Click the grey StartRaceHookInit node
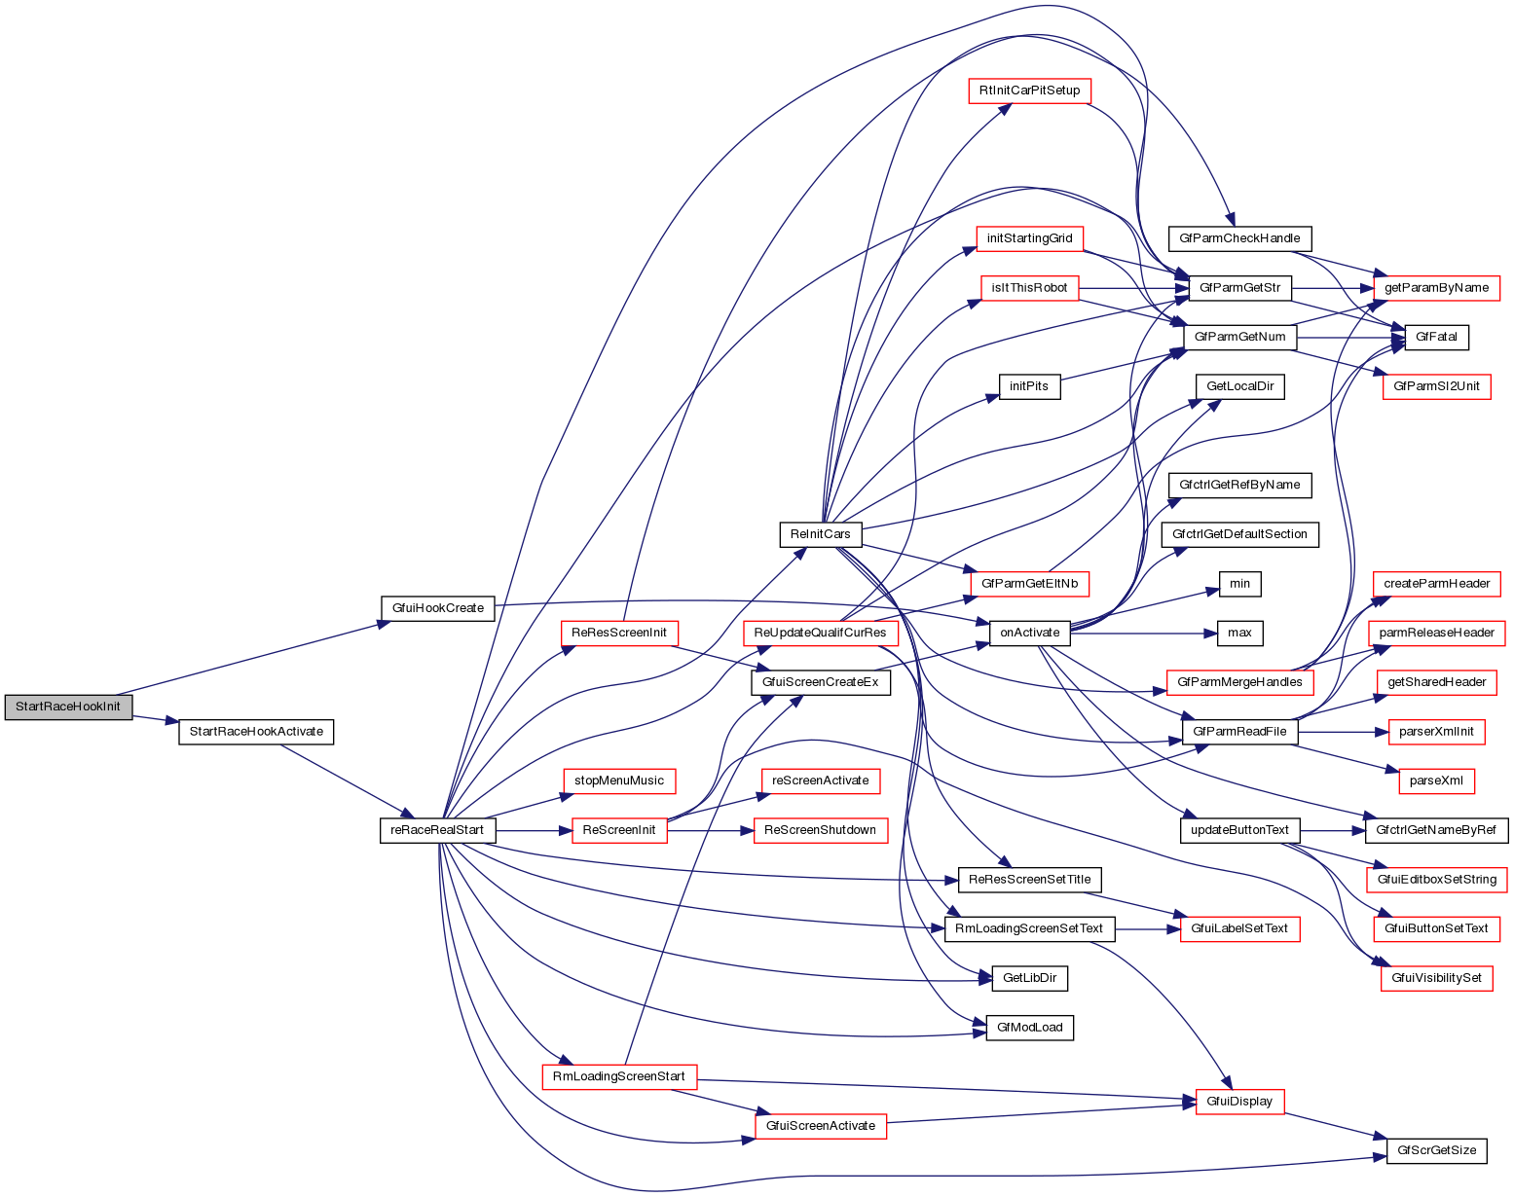[x=67, y=707]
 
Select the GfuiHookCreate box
[x=437, y=608]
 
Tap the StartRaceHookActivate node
[x=256, y=732]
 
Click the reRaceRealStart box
[x=437, y=831]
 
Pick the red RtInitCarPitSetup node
[x=1029, y=91]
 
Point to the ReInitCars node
[x=820, y=534]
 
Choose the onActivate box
[x=1029, y=633]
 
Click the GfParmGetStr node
[x=1239, y=288]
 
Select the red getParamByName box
[x=1436, y=288]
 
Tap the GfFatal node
[x=1436, y=337]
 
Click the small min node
[x=1239, y=584]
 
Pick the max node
[x=1239, y=633]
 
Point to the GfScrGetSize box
[x=1436, y=1150]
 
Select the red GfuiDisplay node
[x=1239, y=1102]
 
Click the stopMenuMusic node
[x=618, y=780]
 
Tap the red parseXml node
[x=1436, y=780]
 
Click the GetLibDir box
[x=1029, y=978]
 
